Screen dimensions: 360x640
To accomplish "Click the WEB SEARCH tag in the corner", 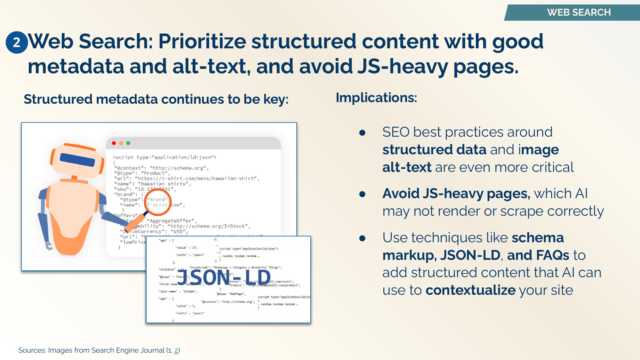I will click(x=579, y=12).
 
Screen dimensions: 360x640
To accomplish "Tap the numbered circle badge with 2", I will click(x=17, y=42).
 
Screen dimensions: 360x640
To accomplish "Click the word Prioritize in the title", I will click(x=202, y=42).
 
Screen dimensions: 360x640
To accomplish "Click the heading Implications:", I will click(x=376, y=98).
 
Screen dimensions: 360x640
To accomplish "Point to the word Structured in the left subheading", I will click(x=58, y=100).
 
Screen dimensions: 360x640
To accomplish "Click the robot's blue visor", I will click(x=77, y=160).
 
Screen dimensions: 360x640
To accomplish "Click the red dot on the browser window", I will click(x=114, y=143).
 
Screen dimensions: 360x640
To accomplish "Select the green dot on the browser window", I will click(x=128, y=143).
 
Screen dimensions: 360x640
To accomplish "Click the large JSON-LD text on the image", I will click(x=224, y=277).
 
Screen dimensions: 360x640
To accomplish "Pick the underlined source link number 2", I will click(x=176, y=350).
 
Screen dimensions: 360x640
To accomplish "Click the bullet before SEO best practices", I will click(x=362, y=132).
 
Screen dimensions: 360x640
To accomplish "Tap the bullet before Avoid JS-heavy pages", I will click(x=362, y=194).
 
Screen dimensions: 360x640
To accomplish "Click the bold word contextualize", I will click(x=470, y=290).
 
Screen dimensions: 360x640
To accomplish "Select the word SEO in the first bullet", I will click(x=396, y=132).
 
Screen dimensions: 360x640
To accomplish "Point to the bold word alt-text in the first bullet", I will click(x=407, y=167).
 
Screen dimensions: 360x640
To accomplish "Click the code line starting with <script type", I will click(x=164, y=157).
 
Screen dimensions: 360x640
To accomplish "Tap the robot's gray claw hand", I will click(x=49, y=246).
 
